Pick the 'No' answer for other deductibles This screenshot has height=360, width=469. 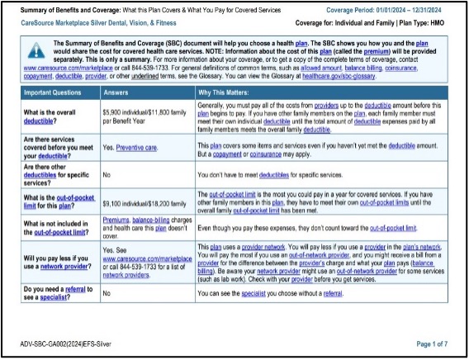point(107,174)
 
